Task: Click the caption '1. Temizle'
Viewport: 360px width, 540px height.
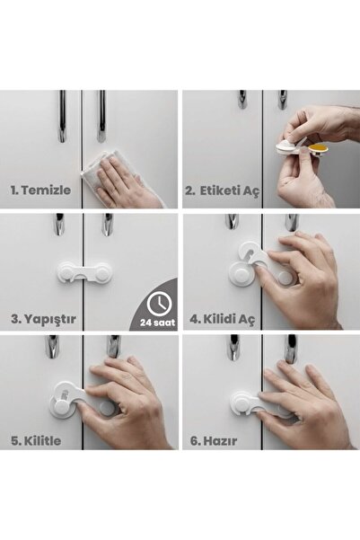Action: tap(40, 191)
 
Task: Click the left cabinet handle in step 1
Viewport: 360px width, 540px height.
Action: tap(62, 116)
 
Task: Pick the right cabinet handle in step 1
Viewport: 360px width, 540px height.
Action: tap(101, 116)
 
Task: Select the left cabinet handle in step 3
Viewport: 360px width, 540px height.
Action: tap(58, 224)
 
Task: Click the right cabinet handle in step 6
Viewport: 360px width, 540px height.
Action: tap(290, 349)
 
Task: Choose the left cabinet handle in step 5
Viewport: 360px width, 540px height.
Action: tap(53, 348)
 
